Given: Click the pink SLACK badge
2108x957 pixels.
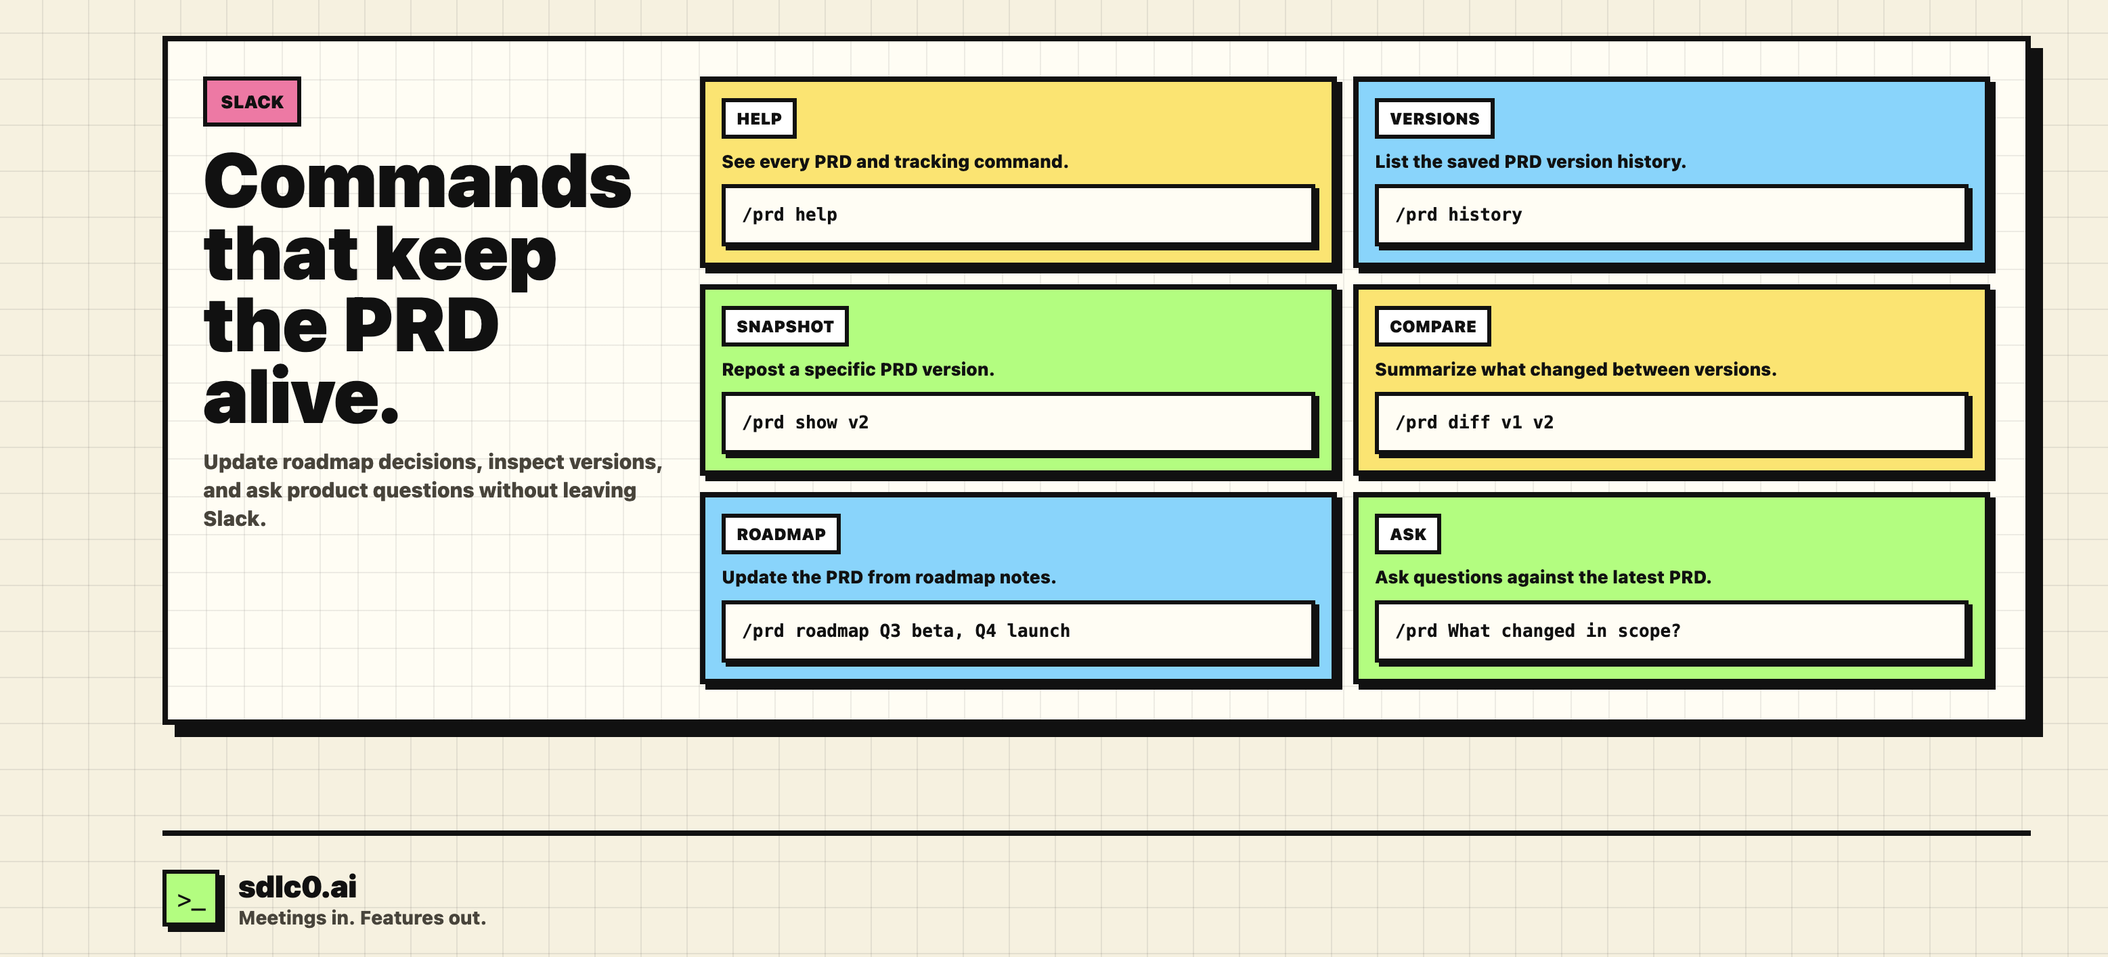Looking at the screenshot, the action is (x=252, y=102).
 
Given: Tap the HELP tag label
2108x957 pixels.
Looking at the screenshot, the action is (x=759, y=118).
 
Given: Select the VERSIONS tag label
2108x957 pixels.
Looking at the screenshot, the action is (x=1434, y=118).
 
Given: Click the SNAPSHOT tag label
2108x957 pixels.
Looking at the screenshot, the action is (x=785, y=326).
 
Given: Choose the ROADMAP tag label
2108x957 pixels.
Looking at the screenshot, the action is (x=781, y=534).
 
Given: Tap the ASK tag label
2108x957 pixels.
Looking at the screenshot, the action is (x=1407, y=534).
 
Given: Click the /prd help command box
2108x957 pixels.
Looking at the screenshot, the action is (x=1019, y=215).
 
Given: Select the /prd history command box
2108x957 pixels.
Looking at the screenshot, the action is (x=1672, y=215).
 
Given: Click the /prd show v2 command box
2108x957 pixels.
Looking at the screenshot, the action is (x=1019, y=423).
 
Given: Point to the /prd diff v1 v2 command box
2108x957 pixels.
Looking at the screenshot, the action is (x=1672, y=423).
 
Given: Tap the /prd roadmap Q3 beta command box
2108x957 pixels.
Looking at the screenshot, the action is (x=1019, y=631).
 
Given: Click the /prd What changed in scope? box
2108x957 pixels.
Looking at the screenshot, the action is (x=1672, y=631).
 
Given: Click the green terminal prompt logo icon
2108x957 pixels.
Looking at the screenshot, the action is (x=192, y=899).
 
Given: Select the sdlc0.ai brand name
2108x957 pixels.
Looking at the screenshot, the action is (x=297, y=887).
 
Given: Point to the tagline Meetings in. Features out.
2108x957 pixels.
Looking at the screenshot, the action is (x=361, y=918).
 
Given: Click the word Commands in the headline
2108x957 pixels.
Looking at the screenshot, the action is (x=418, y=181).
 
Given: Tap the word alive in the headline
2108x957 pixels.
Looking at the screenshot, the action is (x=301, y=397).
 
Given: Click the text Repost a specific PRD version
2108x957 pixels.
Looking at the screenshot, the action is (x=858, y=370).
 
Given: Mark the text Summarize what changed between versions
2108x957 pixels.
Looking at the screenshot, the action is (x=1575, y=370).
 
